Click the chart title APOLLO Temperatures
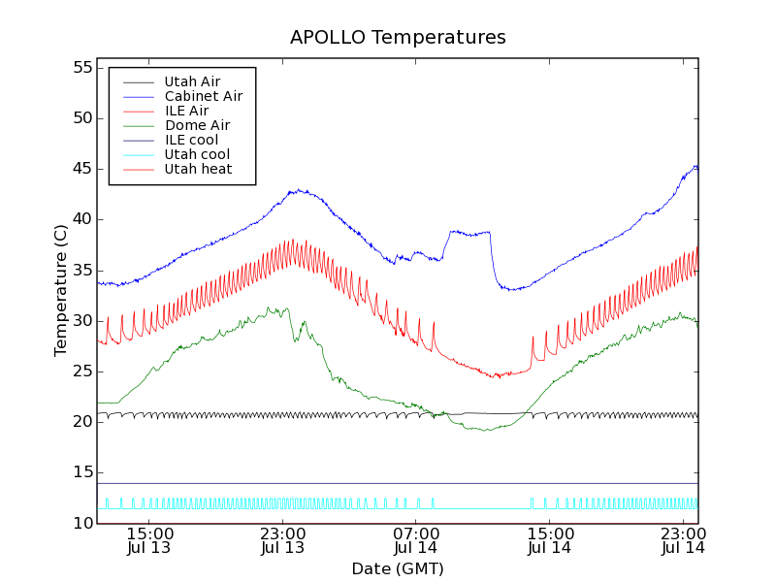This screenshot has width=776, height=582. click(398, 38)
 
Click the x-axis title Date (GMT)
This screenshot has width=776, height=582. click(398, 568)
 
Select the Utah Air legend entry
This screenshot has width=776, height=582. click(192, 81)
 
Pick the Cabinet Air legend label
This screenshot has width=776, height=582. click(203, 96)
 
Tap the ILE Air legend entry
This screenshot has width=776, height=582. click(186, 111)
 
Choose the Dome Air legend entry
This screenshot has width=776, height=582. click(197, 125)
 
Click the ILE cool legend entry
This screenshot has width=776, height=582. click(191, 140)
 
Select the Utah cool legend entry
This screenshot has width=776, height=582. click(197, 154)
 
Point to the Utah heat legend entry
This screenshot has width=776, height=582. click(198, 169)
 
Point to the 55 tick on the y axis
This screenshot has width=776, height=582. click(81, 68)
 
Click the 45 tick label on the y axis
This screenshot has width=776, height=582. click(81, 169)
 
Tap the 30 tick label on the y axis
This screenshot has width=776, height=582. click(81, 320)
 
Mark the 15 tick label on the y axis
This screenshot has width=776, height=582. click(81, 472)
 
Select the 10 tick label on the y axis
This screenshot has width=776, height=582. click(81, 523)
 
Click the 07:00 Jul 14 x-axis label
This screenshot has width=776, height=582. click(416, 540)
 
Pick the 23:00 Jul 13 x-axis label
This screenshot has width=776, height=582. click(282, 540)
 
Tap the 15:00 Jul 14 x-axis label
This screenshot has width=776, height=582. click(549, 540)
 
